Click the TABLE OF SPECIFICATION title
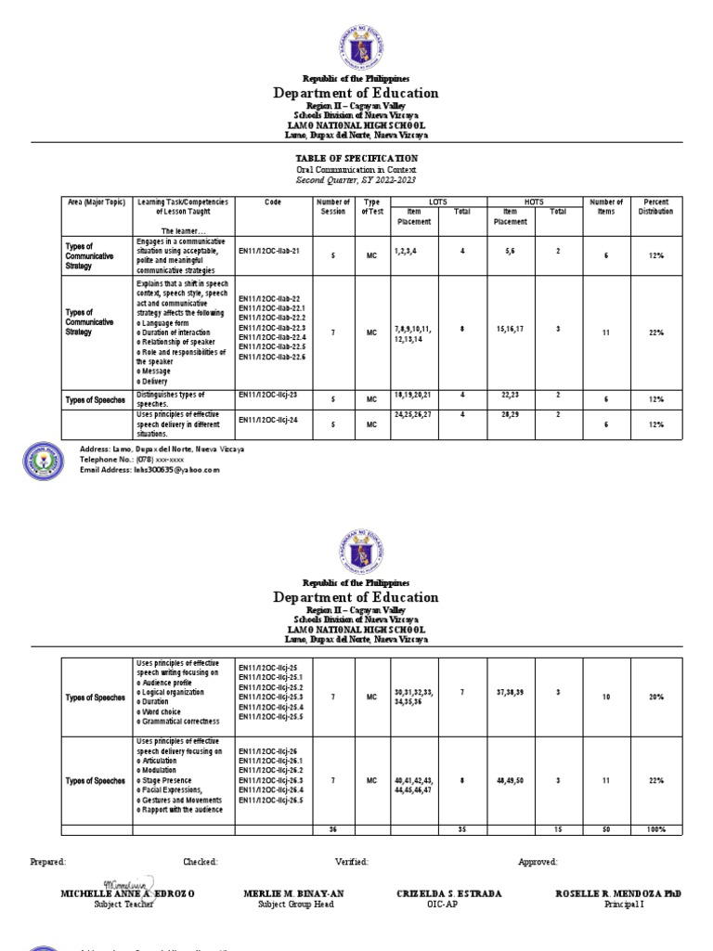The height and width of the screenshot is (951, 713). click(x=356, y=159)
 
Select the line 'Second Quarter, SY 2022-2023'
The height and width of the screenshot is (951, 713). click(x=356, y=180)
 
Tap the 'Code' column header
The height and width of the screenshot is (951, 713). click(x=272, y=202)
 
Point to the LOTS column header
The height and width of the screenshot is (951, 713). click(x=436, y=202)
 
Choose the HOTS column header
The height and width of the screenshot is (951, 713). click(x=534, y=202)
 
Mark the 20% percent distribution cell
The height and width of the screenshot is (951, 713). click(x=655, y=697)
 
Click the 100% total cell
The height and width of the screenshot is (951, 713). click(x=655, y=829)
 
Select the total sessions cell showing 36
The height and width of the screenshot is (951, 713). click(x=333, y=829)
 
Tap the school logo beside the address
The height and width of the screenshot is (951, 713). click(x=45, y=460)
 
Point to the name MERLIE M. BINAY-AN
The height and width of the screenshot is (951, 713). click(x=293, y=893)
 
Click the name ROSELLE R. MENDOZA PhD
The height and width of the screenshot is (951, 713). click(x=617, y=893)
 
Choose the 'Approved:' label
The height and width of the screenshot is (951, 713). click(x=538, y=862)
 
